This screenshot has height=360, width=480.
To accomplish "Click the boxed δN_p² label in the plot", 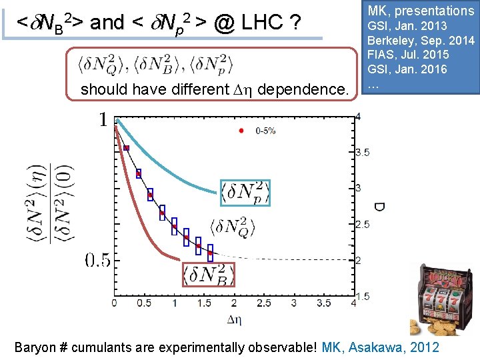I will click(x=245, y=192).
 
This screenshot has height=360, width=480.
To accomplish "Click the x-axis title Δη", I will click(x=234, y=319).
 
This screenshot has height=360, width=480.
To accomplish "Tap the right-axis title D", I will click(x=378, y=207).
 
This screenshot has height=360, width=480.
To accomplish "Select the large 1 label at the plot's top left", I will click(x=103, y=120).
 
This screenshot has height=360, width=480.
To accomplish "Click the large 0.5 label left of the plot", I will click(x=97, y=260).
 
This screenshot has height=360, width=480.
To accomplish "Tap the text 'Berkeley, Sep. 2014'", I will click(x=421, y=41).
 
